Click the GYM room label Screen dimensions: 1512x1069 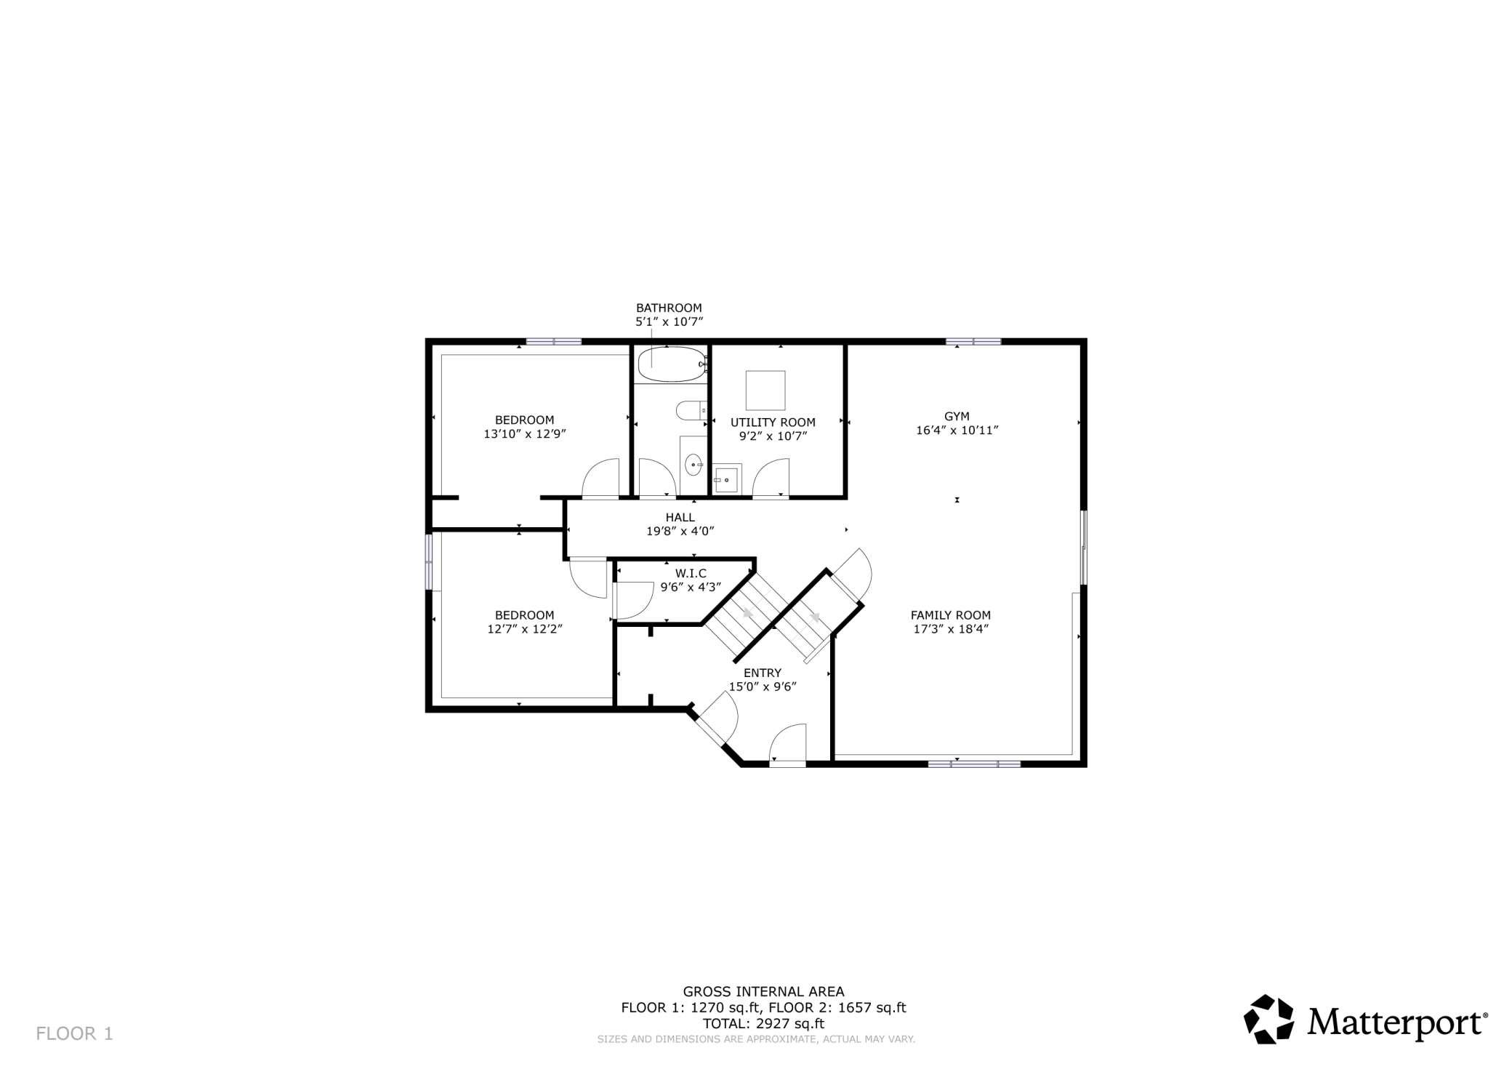pyautogui.click(x=957, y=417)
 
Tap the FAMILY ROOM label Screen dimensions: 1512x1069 pyautogui.click(x=951, y=615)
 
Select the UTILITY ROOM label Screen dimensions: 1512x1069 pyautogui.click(x=773, y=423)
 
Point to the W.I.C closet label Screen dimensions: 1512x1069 pyautogui.click(x=691, y=574)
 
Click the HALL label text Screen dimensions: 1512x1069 pyautogui.click(x=680, y=517)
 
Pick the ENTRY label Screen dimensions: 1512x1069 pyautogui.click(x=763, y=673)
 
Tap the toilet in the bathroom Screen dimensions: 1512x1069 pyautogui.click(x=691, y=411)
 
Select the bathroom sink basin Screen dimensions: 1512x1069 pyautogui.click(x=693, y=464)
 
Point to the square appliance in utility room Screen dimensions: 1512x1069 pyautogui.click(x=765, y=391)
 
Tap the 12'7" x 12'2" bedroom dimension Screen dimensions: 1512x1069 pyautogui.click(x=525, y=629)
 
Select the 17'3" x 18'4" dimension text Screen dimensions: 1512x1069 pyautogui.click(x=951, y=629)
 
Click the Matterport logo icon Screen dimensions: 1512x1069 pyautogui.click(x=1269, y=1019)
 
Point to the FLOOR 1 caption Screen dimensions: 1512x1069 pyautogui.click(x=75, y=1033)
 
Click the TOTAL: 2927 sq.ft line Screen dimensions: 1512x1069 pyautogui.click(x=763, y=1024)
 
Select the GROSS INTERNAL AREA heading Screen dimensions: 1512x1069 pyautogui.click(x=763, y=991)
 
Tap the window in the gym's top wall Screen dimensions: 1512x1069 pyautogui.click(x=973, y=341)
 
